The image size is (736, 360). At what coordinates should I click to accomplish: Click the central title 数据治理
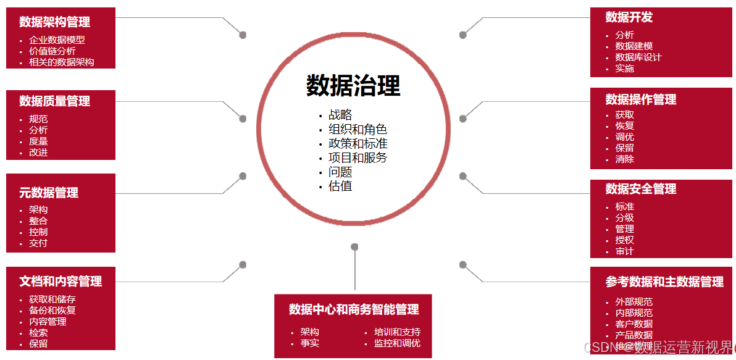pos(353,86)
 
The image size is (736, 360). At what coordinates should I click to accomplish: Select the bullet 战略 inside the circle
pos(340,115)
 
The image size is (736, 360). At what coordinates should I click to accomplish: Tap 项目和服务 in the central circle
pos(358,157)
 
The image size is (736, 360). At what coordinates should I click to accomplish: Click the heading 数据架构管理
pos(54,22)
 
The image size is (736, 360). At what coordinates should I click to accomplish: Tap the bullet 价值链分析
pos(52,51)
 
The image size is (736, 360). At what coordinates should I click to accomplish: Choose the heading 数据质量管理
pos(54,101)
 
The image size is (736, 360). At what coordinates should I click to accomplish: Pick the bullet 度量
pos(38,141)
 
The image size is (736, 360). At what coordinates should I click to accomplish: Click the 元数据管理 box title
pos(49,193)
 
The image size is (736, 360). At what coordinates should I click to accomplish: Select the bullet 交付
pos(38,243)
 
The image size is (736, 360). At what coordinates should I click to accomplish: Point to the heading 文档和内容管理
pos(61,282)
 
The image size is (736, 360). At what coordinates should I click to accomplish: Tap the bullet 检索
pos(38,333)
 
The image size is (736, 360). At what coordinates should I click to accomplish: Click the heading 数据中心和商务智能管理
pos(354,309)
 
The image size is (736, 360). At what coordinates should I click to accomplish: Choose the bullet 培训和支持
pos(397,332)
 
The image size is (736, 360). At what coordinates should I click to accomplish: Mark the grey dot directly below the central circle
pos(354,247)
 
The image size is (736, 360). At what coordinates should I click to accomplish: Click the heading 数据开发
pos(629,17)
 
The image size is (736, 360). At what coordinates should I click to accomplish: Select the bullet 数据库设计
pos(638,57)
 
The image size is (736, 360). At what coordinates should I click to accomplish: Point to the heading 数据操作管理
pos(641,99)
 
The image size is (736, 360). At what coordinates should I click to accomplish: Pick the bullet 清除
pos(625,159)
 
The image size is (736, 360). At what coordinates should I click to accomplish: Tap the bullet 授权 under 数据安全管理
pos(625,240)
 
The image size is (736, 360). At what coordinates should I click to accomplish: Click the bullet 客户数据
pos(634,324)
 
